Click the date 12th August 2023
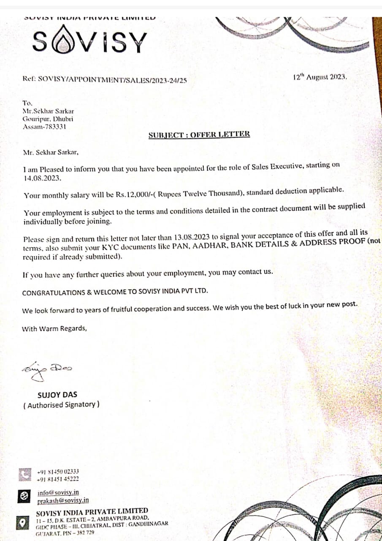(320, 77)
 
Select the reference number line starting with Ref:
(104, 79)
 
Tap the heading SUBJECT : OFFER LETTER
(199, 134)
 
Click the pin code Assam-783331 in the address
(44, 126)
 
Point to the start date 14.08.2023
(42, 178)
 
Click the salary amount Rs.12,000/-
(130, 195)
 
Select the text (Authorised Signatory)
(61, 404)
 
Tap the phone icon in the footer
(25, 475)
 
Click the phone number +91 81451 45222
(58, 479)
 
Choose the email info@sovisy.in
(58, 493)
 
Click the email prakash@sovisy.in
(63, 500)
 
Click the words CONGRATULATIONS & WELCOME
(79, 292)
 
